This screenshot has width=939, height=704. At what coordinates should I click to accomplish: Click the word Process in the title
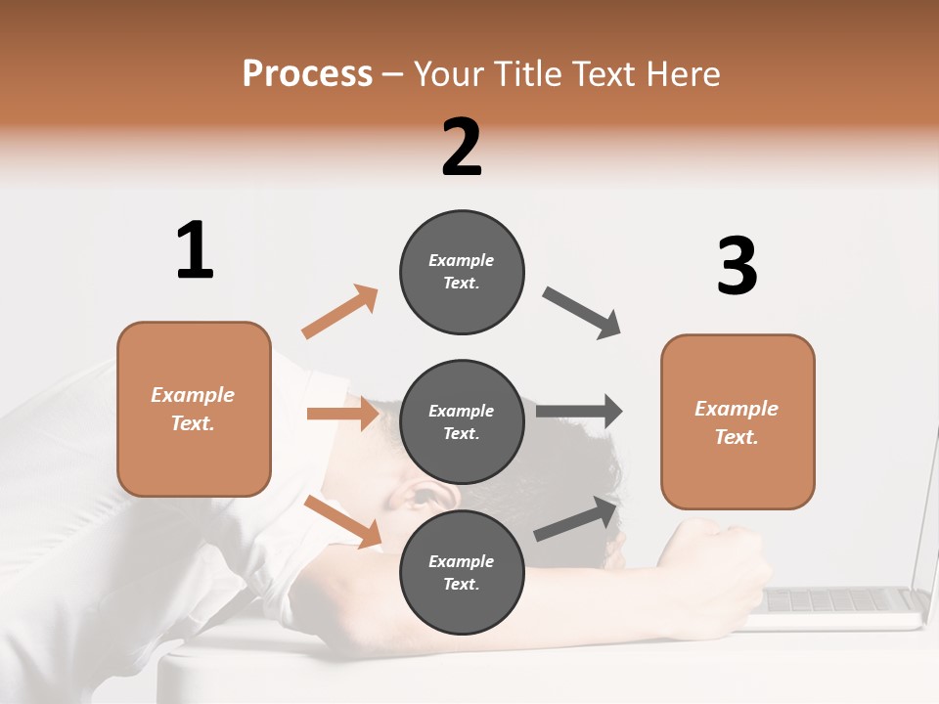point(307,73)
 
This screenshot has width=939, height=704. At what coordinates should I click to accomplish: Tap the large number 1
point(195,250)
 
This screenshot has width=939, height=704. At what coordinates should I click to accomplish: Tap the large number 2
point(462,147)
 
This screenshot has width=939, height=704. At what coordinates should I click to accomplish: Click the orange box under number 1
point(194,409)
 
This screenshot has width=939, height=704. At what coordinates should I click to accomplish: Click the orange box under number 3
point(738,421)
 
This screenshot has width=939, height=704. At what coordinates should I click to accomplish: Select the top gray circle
point(462,272)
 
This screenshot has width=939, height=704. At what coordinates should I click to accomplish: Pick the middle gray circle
point(462,421)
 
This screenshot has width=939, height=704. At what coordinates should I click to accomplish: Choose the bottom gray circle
point(462,572)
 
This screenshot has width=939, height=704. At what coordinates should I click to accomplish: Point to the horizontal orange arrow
point(342,414)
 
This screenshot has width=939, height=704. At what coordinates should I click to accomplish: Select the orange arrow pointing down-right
point(343,520)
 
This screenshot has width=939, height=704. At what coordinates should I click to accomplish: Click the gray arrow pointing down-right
point(582,313)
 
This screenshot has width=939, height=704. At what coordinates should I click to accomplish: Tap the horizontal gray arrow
point(579,412)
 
